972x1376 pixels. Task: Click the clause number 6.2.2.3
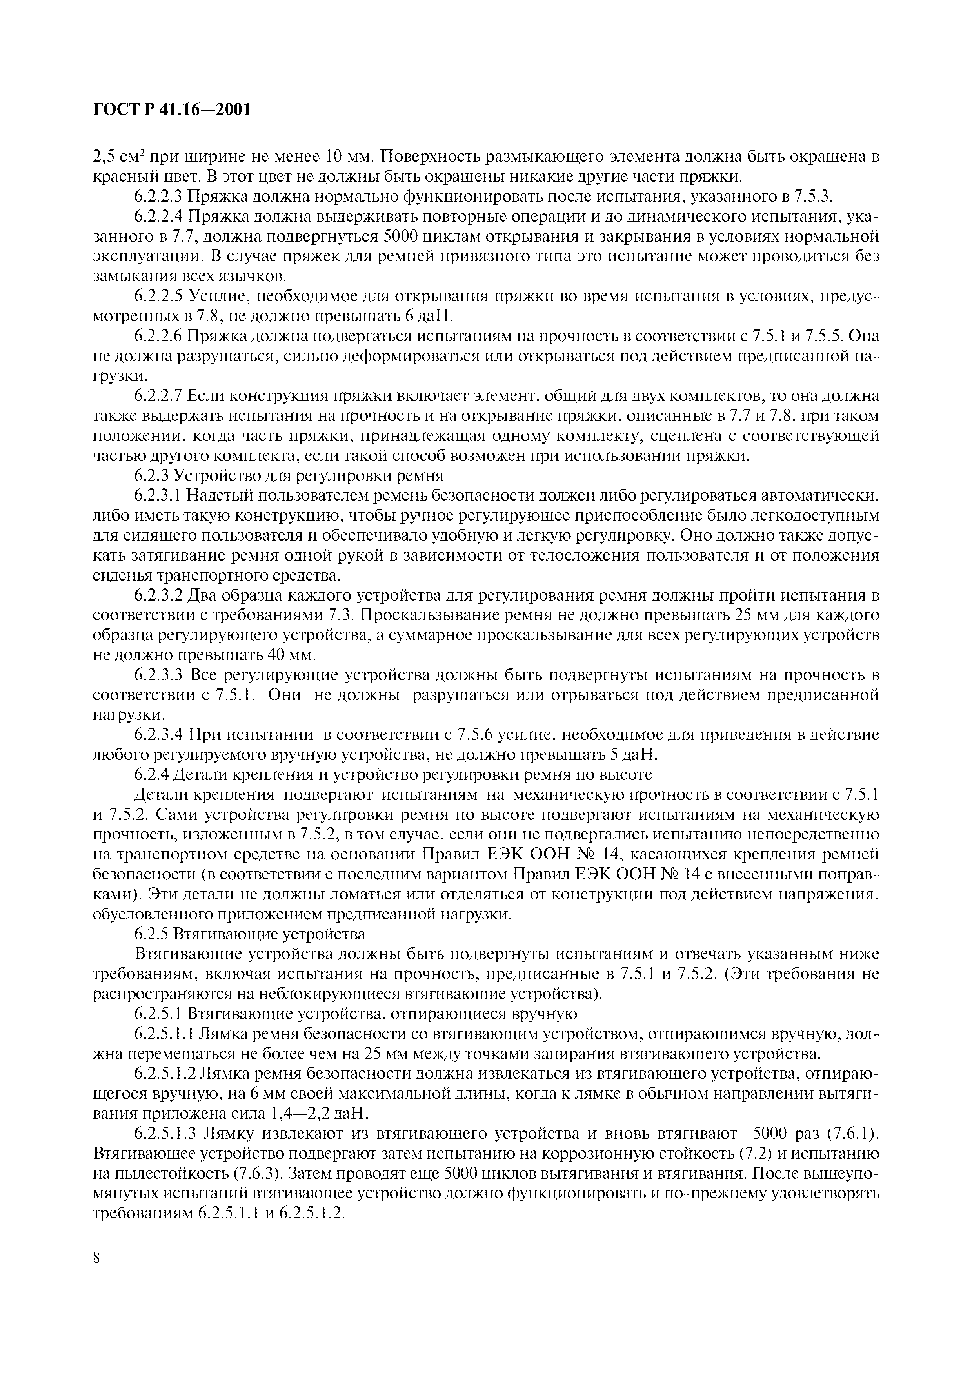(x=158, y=197)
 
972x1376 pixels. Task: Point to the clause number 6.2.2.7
(x=158, y=396)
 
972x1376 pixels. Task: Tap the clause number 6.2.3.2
(x=158, y=596)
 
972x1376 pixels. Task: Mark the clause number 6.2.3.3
(x=158, y=675)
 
